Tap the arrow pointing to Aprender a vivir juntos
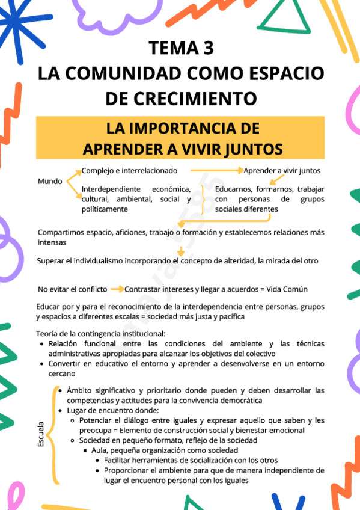coord(217,171)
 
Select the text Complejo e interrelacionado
coord(130,171)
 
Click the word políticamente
coord(105,209)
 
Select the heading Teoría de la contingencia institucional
coord(101,334)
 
